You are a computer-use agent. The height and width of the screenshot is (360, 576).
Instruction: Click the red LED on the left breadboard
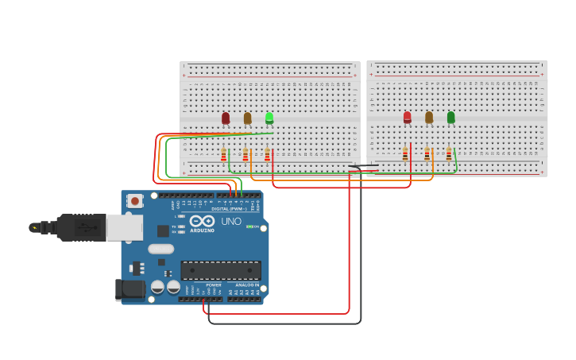226,118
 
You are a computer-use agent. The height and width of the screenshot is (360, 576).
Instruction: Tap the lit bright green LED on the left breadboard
269,118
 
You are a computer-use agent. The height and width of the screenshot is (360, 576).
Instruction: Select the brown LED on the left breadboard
247,118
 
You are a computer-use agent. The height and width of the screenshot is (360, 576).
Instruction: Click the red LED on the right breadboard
408,117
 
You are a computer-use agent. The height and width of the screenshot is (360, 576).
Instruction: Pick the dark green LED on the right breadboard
450,117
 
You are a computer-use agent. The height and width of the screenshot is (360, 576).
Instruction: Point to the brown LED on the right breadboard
429,117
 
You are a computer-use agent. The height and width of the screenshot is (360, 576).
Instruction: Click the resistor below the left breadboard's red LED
224,156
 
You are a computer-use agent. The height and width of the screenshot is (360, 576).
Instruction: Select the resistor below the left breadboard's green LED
267,156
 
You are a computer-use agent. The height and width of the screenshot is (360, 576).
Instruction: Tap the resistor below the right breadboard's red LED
405,154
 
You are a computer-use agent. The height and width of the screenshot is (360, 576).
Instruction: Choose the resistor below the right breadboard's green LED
448,154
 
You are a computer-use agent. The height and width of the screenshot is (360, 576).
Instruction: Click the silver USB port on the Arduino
125,227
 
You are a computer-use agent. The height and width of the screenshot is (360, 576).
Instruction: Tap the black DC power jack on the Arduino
130,289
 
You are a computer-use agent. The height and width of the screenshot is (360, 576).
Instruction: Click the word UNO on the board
231,222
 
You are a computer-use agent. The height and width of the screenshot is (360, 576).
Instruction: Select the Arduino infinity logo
202,221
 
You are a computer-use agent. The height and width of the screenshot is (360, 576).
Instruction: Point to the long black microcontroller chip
221,270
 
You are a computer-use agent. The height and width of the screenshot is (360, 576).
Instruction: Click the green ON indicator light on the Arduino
249,226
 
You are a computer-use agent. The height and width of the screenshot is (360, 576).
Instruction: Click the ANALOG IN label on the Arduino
247,285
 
